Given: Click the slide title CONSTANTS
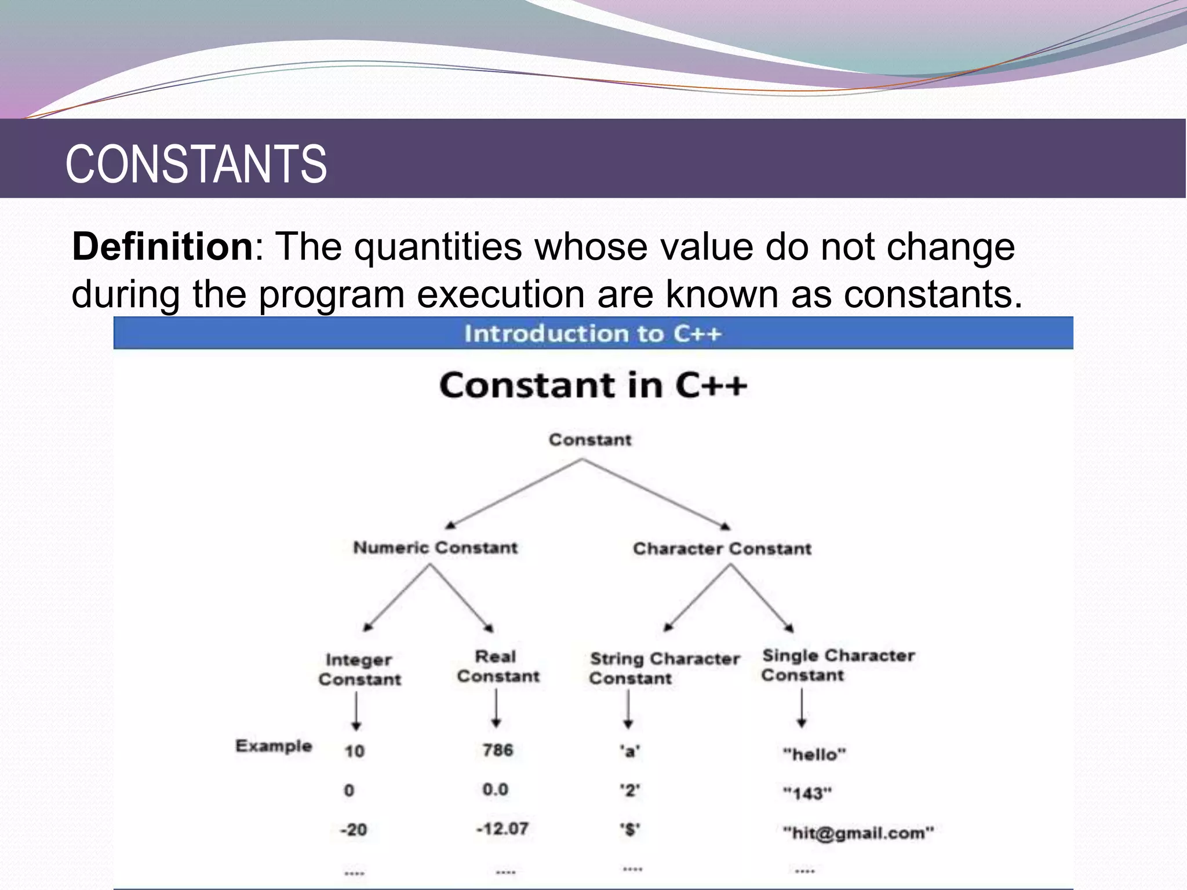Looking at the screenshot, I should click(x=196, y=164).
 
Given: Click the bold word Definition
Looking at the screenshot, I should click(x=162, y=247).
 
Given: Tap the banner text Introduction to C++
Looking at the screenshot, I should click(x=592, y=334).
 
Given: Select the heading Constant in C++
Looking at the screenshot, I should click(x=592, y=385).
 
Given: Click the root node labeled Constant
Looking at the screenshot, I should click(x=589, y=440).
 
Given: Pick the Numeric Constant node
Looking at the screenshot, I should click(x=435, y=548).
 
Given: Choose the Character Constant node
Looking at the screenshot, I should click(x=722, y=549).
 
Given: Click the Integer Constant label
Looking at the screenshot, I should click(x=359, y=669).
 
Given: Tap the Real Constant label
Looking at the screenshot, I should click(x=498, y=666).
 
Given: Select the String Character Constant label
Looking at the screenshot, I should click(x=664, y=668).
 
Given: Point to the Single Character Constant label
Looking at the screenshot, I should click(x=838, y=665).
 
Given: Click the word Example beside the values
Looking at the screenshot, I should click(x=274, y=746).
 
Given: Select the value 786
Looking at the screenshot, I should click(x=498, y=750).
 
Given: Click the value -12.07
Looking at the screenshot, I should click(x=502, y=829).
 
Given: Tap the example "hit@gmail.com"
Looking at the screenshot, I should click(x=858, y=833).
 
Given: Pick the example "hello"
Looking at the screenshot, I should click(x=814, y=754).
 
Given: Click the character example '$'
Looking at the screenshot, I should click(x=630, y=830).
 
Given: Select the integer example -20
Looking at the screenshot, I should click(x=354, y=830).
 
